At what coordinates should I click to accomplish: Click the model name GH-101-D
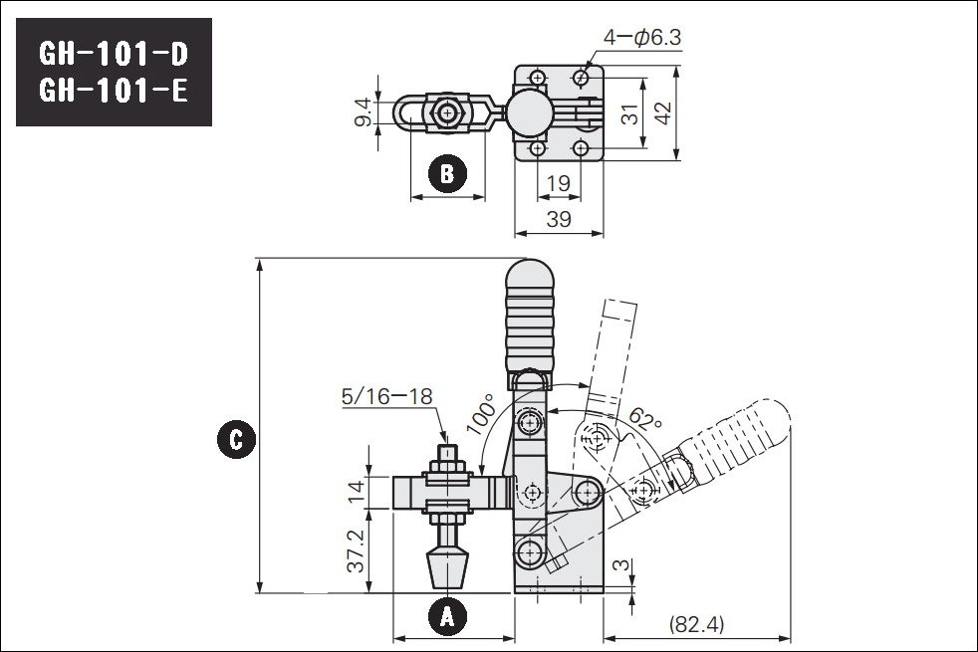[x=113, y=54]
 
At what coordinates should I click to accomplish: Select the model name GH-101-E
[x=113, y=91]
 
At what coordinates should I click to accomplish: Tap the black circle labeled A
[x=447, y=616]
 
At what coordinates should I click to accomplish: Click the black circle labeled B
[x=447, y=173]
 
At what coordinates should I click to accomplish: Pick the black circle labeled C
[x=236, y=439]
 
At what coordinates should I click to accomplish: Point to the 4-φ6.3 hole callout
[x=641, y=38]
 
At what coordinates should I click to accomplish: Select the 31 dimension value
[x=630, y=113]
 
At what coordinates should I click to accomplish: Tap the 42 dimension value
[x=663, y=112]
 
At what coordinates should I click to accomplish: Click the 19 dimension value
[x=559, y=183]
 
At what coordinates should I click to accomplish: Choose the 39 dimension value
[x=559, y=219]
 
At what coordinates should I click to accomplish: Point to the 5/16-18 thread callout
[x=386, y=396]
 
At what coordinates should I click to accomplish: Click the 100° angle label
[x=480, y=413]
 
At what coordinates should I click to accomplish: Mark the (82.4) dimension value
[x=696, y=623]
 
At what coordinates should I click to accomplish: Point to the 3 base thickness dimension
[x=620, y=564]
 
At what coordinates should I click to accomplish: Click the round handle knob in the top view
[x=529, y=114]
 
